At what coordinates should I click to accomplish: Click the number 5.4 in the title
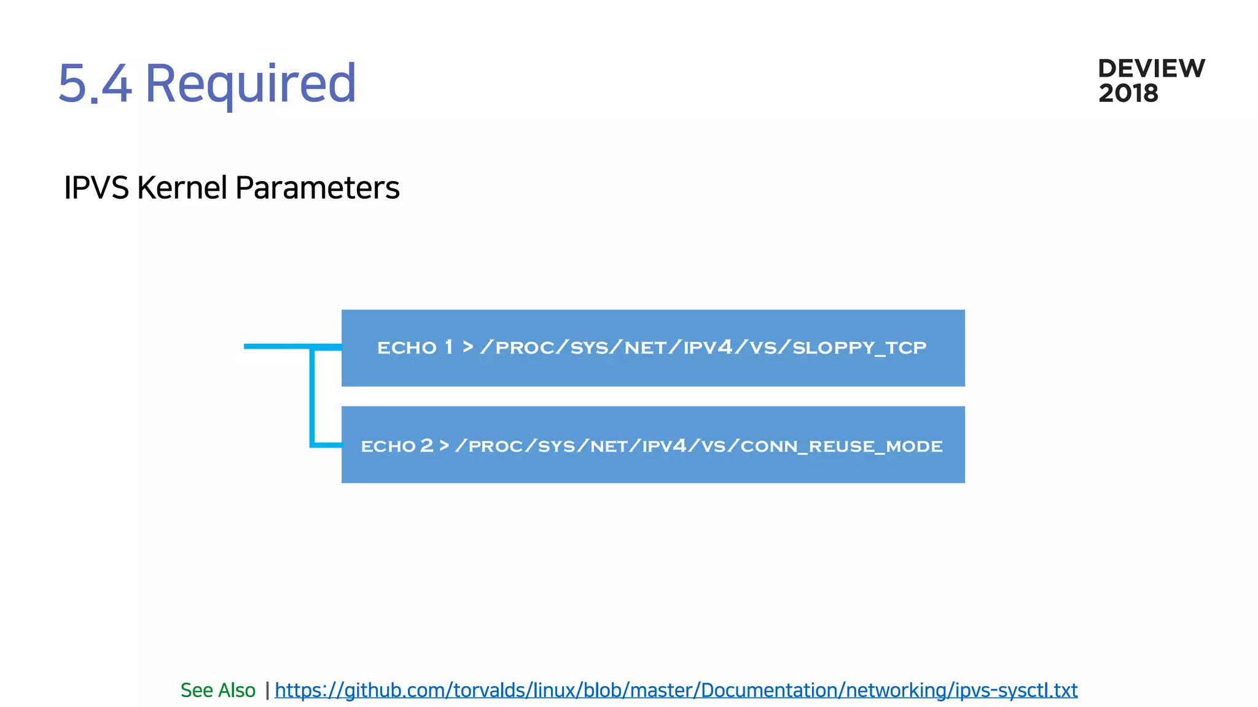[95, 83]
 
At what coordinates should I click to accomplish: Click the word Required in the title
[250, 83]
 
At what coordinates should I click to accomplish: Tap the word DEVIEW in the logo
[1151, 69]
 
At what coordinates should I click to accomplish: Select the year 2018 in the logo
[1128, 94]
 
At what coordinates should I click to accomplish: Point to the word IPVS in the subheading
[96, 188]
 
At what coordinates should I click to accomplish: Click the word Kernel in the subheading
[182, 188]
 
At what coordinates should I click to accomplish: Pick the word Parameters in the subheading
[317, 188]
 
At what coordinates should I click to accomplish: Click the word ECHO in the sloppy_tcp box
[407, 348]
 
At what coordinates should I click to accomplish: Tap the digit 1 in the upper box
[449, 347]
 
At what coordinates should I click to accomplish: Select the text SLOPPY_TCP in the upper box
[859, 348]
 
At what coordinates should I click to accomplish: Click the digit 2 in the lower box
[427, 446]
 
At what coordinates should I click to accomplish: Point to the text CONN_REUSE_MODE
[841, 446]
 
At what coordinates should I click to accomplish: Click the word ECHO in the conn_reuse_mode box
[388, 446]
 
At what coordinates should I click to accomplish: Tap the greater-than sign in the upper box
[468, 347]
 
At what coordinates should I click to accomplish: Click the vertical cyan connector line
[312, 396]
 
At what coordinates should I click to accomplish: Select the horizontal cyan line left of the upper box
[276, 347]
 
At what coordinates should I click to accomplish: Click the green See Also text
[217, 690]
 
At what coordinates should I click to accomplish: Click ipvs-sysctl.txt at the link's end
[1016, 690]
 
